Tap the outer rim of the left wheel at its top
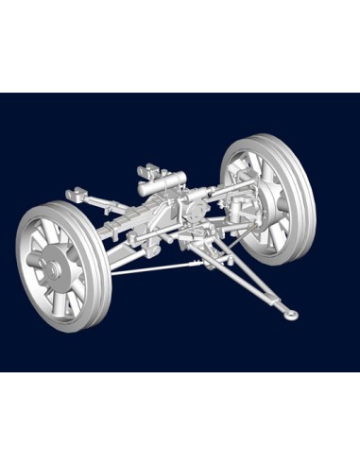click(47, 205)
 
